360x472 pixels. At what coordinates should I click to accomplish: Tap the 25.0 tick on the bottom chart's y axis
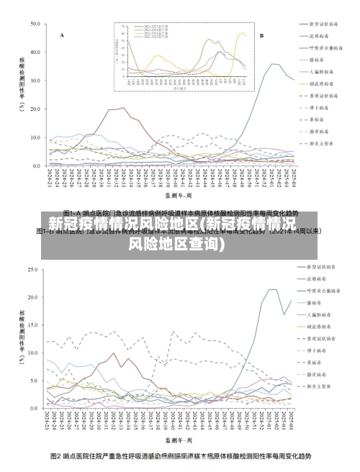[33, 270]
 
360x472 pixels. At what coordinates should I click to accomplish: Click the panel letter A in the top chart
[62, 35]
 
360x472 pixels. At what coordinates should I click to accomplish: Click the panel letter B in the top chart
[261, 35]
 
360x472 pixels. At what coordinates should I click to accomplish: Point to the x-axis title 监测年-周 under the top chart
[178, 195]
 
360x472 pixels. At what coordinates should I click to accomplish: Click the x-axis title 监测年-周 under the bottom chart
[178, 438]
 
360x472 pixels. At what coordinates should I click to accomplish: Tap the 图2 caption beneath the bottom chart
[180, 456]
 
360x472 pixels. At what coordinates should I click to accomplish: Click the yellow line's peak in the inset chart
[242, 31]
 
